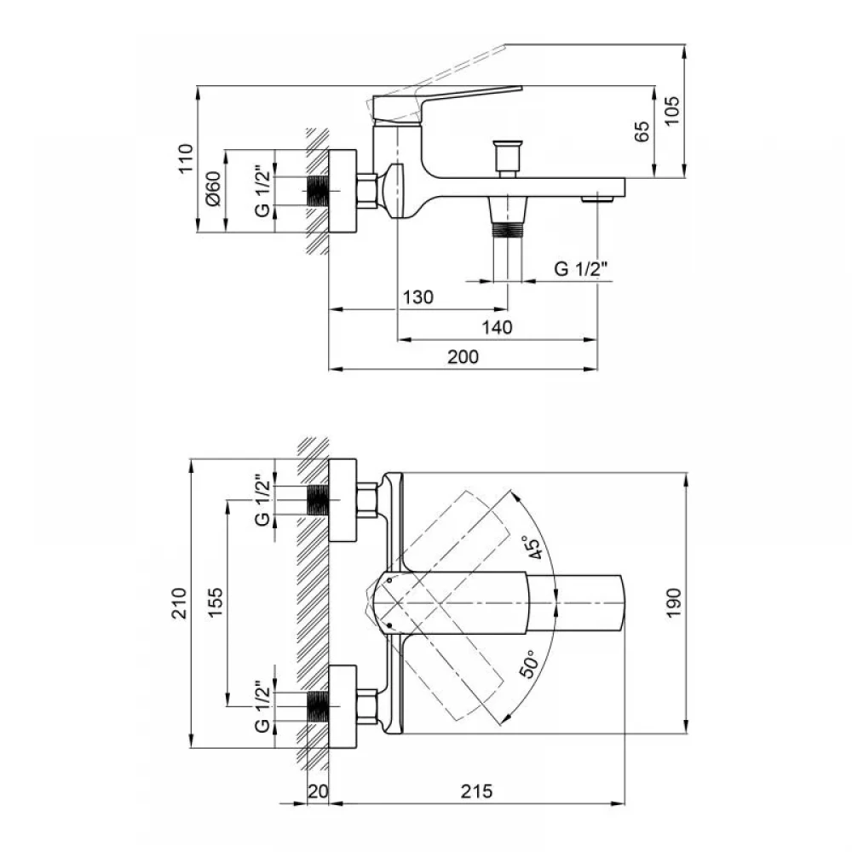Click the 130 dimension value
pyautogui.click(x=417, y=297)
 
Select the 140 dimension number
pyautogui.click(x=497, y=327)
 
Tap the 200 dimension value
pyautogui.click(x=463, y=357)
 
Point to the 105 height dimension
pyautogui.click(x=672, y=110)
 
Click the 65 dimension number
pyautogui.click(x=642, y=131)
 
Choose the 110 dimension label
pyautogui.click(x=186, y=158)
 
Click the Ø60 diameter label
pyautogui.click(x=214, y=188)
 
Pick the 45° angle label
pyautogui.click(x=531, y=547)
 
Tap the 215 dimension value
pyautogui.click(x=476, y=792)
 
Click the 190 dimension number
pyautogui.click(x=673, y=602)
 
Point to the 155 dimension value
pyautogui.click(x=216, y=602)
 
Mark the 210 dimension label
pyautogui.click(x=179, y=603)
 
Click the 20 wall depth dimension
pyautogui.click(x=318, y=792)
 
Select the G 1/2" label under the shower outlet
pyautogui.click(x=581, y=268)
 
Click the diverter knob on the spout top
pyautogui.click(x=508, y=159)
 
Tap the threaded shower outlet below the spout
pyautogui.click(x=508, y=216)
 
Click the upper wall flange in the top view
pyautogui.click(x=343, y=500)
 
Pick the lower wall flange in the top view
pyautogui.click(x=343, y=706)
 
